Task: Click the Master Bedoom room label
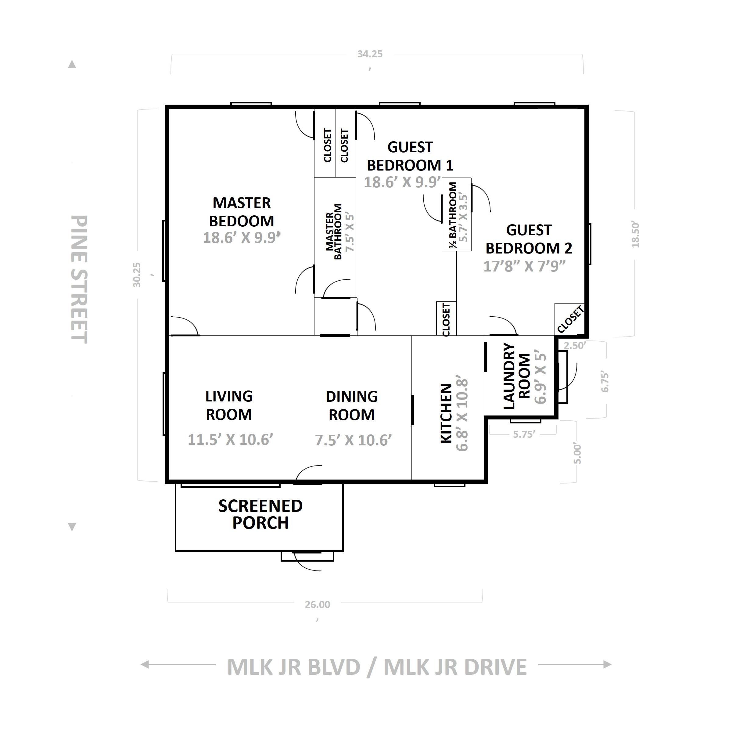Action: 242,212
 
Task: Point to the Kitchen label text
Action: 446,413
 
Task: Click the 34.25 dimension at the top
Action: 370,54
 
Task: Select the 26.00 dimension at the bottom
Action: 318,605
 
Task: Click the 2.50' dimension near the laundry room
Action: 575,346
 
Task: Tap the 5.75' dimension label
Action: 524,434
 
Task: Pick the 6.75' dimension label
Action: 605,382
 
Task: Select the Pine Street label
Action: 80,279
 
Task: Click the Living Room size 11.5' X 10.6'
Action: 230,440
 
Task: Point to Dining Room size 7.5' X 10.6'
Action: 353,440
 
